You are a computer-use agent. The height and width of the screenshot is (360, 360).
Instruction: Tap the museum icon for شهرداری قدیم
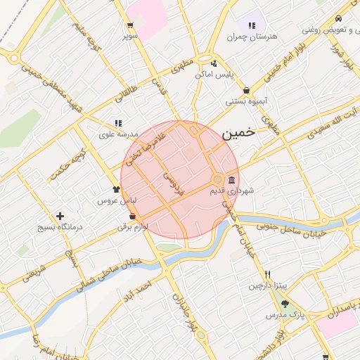click(x=232, y=181)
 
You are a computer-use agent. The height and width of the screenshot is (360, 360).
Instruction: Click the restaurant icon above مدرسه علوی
click(x=118, y=123)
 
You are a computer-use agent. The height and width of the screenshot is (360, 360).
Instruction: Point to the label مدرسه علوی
click(x=116, y=134)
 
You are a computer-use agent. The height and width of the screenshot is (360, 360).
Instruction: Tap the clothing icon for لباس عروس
click(x=117, y=189)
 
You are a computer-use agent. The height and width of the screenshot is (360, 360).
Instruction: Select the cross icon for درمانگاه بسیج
click(x=60, y=217)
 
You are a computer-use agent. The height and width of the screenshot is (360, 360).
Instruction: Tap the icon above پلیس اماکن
click(x=213, y=63)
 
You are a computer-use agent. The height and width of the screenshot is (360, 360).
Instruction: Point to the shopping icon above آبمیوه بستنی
click(x=246, y=91)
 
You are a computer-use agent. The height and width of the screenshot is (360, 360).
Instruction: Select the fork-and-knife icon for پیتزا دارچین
click(x=267, y=275)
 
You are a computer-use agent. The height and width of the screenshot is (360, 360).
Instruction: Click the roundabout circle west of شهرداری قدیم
click(x=218, y=179)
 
